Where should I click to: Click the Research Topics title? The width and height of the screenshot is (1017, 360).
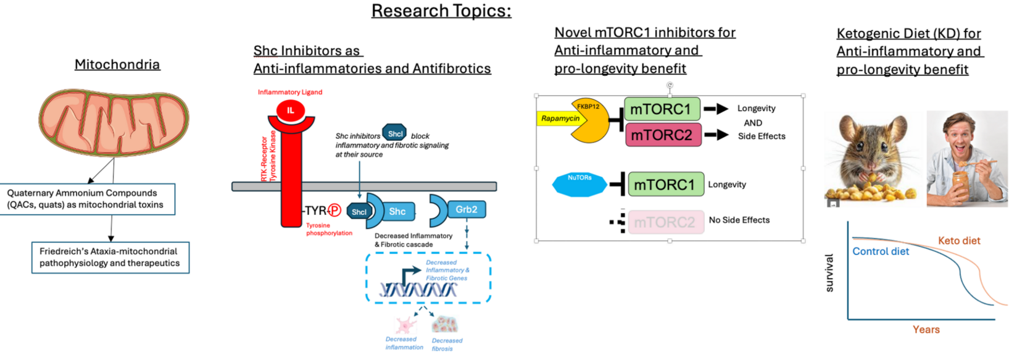point(441,11)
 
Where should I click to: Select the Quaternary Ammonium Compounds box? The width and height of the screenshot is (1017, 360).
point(88,199)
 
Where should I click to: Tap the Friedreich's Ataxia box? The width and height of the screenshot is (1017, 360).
point(110,257)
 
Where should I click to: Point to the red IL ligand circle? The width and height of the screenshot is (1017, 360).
point(290,111)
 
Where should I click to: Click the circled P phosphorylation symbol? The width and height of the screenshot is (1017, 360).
point(334,211)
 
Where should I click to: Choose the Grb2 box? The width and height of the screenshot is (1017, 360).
point(466,210)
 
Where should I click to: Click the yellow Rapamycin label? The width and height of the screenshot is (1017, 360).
point(560,119)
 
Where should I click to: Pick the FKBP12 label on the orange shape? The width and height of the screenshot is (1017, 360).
point(588,106)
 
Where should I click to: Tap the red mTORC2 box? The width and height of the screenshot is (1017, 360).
point(663,135)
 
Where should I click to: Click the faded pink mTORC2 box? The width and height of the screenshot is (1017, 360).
point(665,222)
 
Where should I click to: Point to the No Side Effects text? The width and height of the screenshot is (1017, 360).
point(739,220)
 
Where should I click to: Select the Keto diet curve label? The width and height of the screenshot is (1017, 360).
point(958,241)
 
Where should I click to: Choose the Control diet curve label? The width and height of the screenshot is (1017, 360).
point(881,251)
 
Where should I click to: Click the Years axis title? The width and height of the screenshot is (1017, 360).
point(926,330)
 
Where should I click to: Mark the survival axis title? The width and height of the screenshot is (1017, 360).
point(829,272)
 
